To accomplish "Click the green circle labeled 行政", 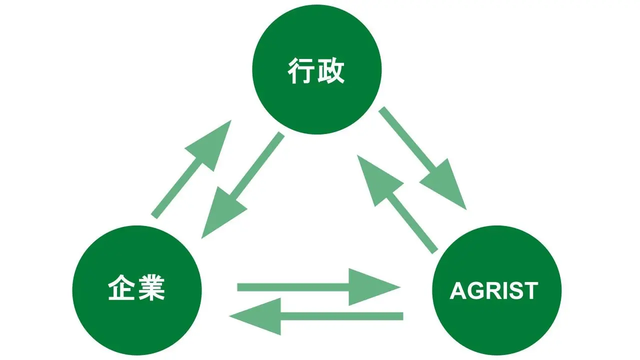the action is click(x=317, y=69).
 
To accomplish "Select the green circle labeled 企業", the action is click(x=137, y=290).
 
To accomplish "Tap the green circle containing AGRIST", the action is click(x=497, y=290).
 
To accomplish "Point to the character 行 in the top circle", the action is click(x=300, y=70).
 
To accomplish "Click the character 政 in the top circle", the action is click(x=331, y=70).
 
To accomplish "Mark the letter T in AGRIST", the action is click(x=531, y=291).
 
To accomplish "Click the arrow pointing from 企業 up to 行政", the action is click(x=191, y=169).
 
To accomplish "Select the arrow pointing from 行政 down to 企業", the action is click(x=243, y=185).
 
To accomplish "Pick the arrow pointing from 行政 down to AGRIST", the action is click(x=422, y=158).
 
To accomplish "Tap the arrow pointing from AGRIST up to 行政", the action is click(x=397, y=204).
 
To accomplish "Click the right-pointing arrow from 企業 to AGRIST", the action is click(x=318, y=287).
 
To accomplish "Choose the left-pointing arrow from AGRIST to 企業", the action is click(x=316, y=316).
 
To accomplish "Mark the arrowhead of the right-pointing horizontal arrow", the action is click(x=371, y=287).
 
